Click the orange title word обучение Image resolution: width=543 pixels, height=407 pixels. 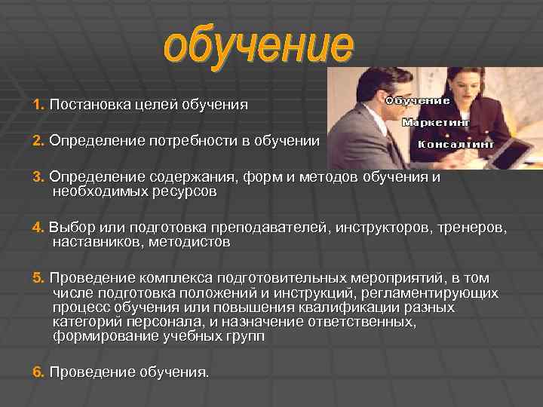coord(259,47)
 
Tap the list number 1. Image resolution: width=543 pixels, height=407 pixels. coord(38,104)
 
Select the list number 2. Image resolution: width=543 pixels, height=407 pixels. coord(38,140)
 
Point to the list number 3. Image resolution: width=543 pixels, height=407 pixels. coord(38,176)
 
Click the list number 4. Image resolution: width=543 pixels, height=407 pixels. coord(38,227)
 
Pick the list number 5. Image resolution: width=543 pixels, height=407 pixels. coord(38,277)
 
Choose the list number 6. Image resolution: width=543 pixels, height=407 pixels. coord(38,372)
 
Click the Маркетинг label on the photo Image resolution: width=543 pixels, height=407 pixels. coord(437,122)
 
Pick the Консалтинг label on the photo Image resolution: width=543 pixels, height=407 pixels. coord(456,143)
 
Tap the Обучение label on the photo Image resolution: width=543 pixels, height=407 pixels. coord(419,100)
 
